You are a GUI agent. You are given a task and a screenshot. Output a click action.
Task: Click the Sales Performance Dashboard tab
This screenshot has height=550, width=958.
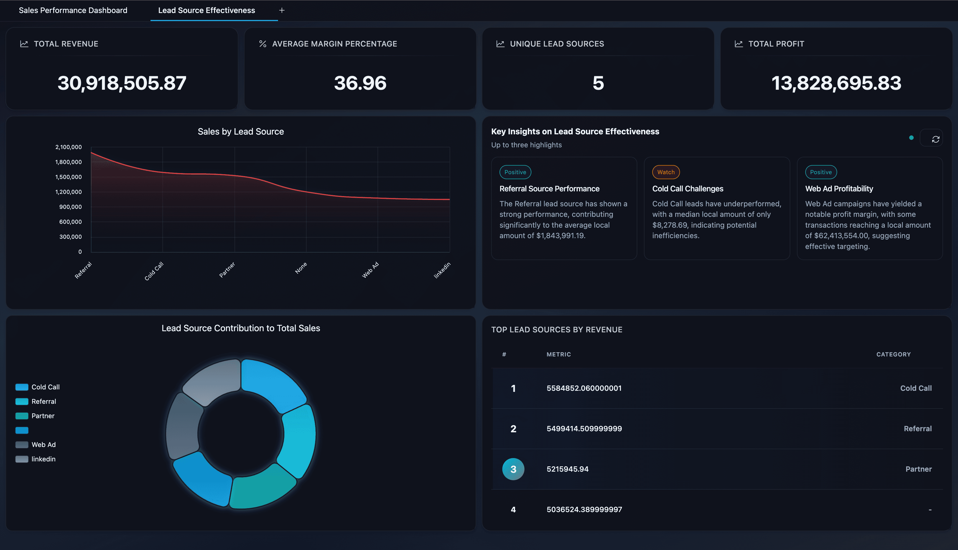click(x=73, y=10)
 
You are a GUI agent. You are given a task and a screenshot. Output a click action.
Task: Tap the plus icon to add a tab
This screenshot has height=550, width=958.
click(x=282, y=10)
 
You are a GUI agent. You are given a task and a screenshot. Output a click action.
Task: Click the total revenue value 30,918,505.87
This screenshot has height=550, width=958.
click(x=122, y=83)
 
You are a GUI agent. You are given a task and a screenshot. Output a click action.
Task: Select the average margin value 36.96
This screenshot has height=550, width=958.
click(x=360, y=83)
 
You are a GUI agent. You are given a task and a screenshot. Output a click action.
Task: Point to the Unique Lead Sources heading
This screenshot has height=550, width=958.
click(x=557, y=44)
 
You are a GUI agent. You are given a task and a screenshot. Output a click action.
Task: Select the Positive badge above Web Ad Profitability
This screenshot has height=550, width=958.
click(x=821, y=172)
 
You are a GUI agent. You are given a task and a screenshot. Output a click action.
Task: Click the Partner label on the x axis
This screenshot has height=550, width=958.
click(x=227, y=270)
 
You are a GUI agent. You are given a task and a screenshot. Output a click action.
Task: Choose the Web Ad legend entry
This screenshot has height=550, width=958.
click(x=44, y=444)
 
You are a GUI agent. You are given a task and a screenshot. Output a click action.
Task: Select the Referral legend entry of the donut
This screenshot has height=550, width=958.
click(x=44, y=402)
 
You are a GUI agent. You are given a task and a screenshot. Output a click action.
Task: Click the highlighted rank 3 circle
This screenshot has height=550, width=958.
click(x=513, y=469)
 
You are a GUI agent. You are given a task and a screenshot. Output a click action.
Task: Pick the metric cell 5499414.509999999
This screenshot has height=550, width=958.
click(x=584, y=429)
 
